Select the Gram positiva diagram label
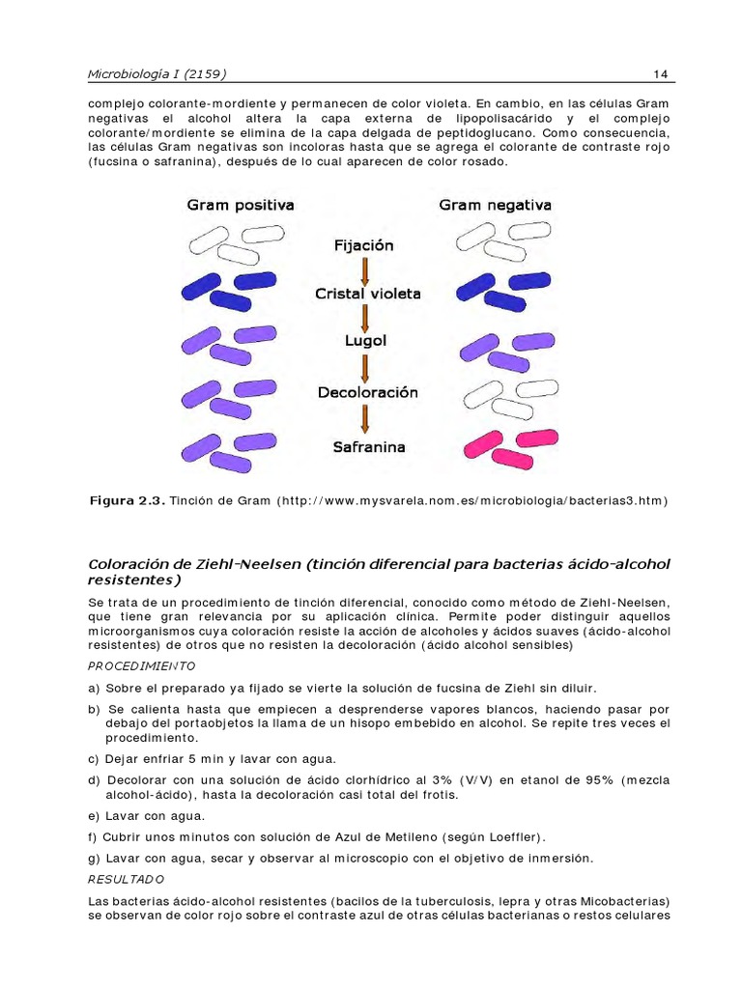[240, 206]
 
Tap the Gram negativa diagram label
[495, 206]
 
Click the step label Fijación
[363, 246]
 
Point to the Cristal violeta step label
[367, 294]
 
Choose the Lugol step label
[365, 342]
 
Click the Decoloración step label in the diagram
[367, 393]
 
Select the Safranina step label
[368, 447]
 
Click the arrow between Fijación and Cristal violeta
[364, 269]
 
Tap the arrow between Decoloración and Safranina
[365, 420]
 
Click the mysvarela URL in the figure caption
[471, 501]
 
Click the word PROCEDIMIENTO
[141, 666]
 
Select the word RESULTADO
[127, 880]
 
